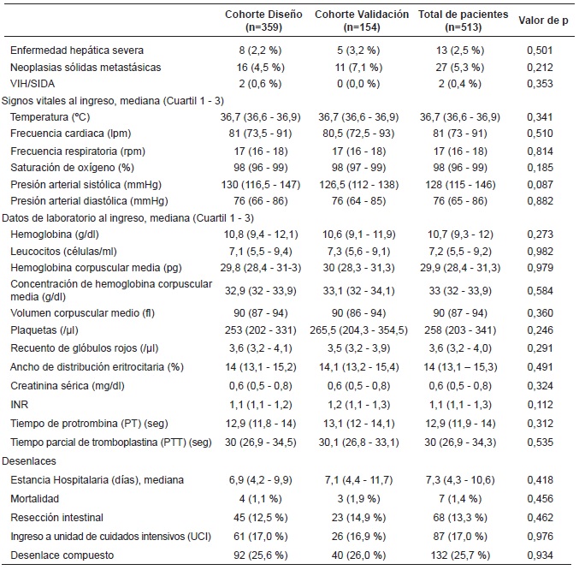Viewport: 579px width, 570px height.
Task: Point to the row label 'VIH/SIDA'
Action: [32, 84]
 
